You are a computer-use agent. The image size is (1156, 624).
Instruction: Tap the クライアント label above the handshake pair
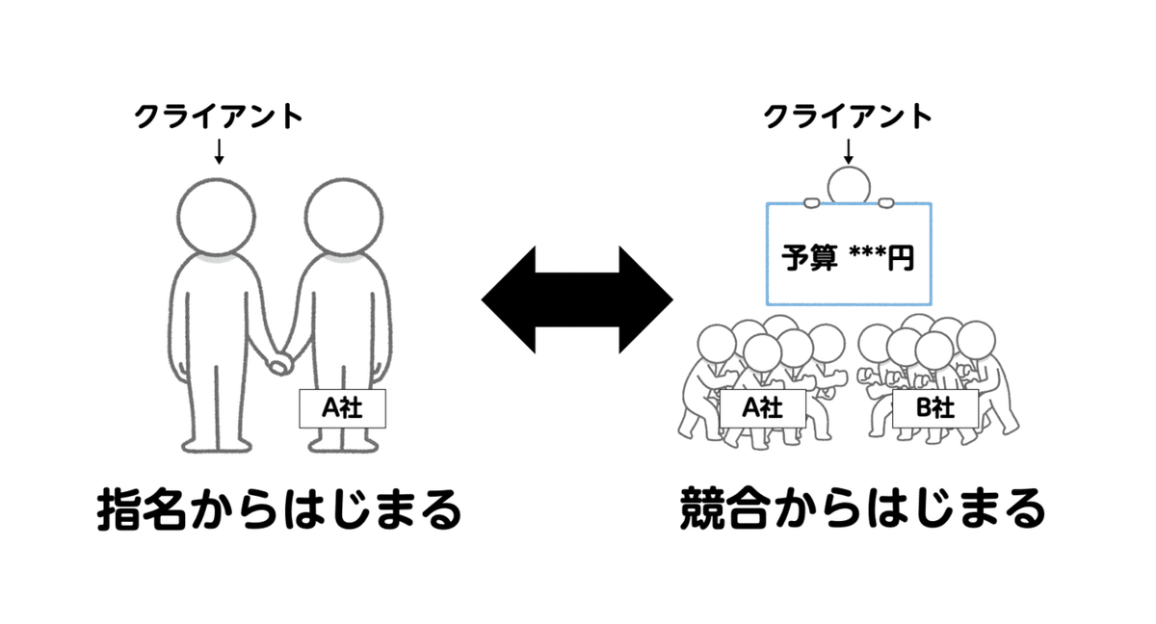point(218,117)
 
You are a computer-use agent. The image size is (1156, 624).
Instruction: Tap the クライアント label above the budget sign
point(848,117)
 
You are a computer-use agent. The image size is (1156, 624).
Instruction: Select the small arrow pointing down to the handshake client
point(219,150)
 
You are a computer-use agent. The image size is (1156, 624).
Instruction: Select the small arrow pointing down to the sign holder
point(849,150)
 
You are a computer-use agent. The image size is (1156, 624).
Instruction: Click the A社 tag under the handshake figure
point(342,408)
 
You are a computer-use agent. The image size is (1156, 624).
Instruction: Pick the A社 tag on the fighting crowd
point(762,408)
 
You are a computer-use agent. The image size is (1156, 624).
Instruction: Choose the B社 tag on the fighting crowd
point(933,408)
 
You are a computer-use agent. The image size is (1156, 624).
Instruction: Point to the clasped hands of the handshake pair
point(280,364)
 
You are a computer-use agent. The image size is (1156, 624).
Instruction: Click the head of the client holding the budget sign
point(849,186)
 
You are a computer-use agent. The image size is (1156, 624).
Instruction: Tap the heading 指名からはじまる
point(279,510)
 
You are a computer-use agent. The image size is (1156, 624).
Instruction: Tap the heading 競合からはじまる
point(861,510)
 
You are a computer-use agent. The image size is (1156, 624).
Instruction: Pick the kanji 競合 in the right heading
point(726,510)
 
